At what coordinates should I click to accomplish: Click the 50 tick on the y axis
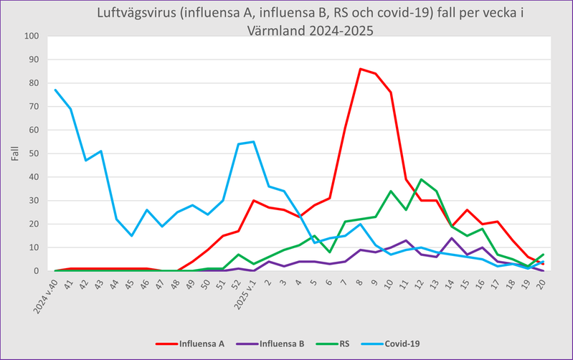point(32,153)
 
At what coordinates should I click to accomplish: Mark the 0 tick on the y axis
point(35,271)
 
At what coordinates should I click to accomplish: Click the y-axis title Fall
point(14,153)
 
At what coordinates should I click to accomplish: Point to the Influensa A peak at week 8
point(360,69)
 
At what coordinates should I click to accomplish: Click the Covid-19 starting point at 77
point(55,90)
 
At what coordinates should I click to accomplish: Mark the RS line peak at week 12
point(421,179)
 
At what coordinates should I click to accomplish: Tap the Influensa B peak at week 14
point(452,238)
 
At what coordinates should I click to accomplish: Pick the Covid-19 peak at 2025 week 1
point(253,141)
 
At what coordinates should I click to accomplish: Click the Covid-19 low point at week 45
point(131,236)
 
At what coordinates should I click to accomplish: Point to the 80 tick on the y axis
point(32,82)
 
